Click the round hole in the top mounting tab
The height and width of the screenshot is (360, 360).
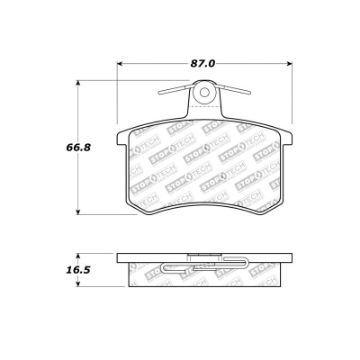[x=205, y=96]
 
